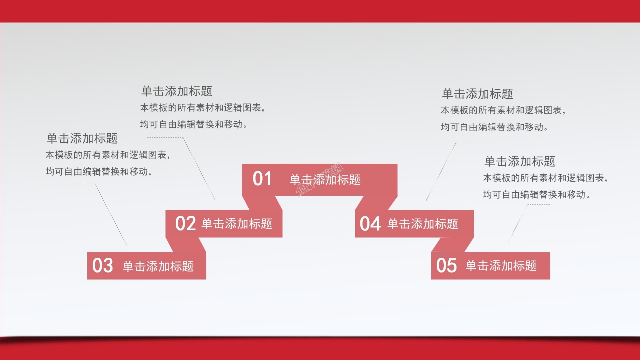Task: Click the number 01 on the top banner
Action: coord(262,179)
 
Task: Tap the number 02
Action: coord(185,224)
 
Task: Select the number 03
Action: coord(103,266)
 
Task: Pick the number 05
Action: coord(446,266)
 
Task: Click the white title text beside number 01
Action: coord(325,180)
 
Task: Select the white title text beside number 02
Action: coord(237,224)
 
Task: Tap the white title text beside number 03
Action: coord(158,266)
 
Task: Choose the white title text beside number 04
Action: coord(423,224)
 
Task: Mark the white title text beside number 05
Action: coord(501,266)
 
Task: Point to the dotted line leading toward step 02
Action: coord(199,167)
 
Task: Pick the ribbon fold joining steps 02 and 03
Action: coord(186,245)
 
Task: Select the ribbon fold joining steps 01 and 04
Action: coord(376,203)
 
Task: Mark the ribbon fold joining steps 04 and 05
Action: coord(453,245)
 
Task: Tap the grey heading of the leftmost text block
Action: coord(82,138)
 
